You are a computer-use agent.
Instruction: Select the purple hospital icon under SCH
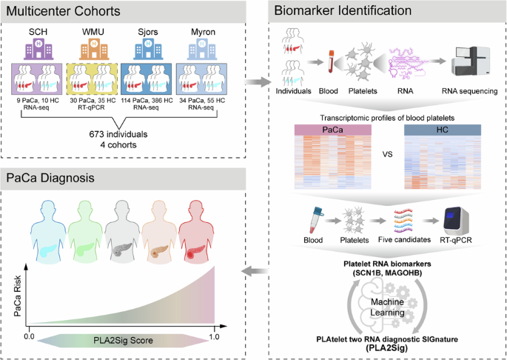coord(36,50)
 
